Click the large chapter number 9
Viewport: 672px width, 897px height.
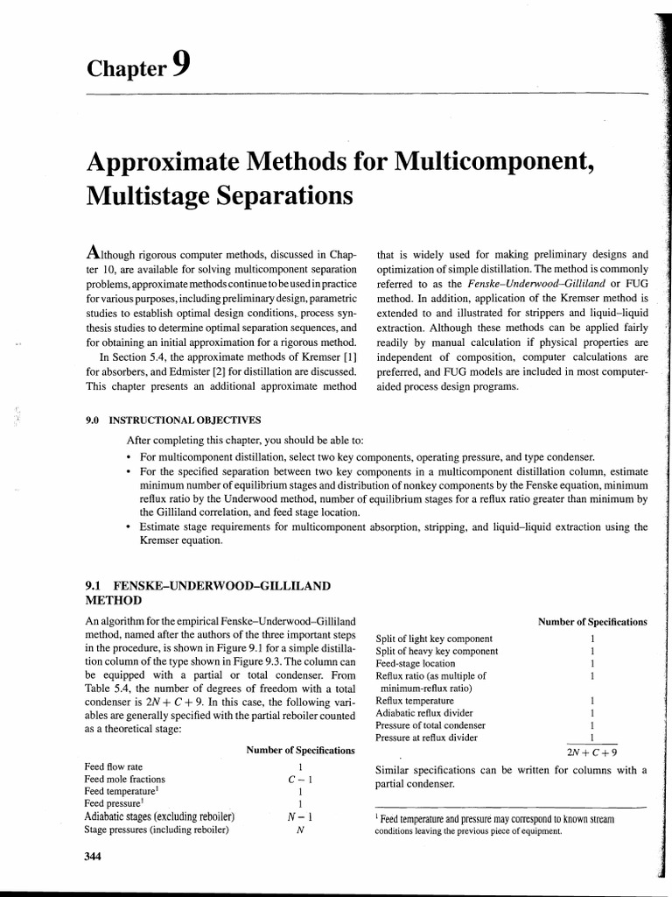[181, 65]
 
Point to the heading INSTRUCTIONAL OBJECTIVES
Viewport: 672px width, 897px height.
[185, 420]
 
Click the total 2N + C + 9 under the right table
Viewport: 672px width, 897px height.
[592, 752]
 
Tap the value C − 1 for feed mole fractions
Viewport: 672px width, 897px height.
[300, 779]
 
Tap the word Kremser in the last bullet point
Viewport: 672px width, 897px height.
[160, 540]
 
